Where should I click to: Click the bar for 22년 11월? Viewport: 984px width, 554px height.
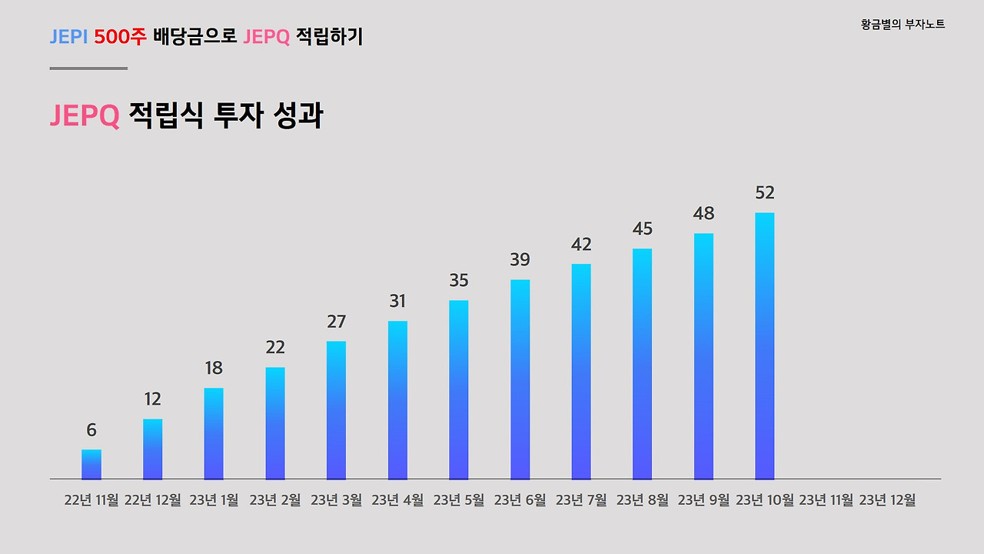[x=91, y=464]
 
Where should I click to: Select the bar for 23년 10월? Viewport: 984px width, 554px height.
[x=765, y=346]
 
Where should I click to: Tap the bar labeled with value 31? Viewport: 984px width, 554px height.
[x=397, y=400]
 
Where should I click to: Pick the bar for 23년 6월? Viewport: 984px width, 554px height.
[x=520, y=379]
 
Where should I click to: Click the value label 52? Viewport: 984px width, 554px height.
[x=765, y=192]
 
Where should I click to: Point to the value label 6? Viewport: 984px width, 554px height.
[x=91, y=430]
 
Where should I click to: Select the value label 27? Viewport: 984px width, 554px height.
[x=336, y=322]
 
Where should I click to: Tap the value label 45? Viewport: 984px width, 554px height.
[x=642, y=229]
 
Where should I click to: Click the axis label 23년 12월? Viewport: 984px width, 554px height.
[x=887, y=500]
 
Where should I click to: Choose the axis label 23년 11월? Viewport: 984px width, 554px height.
[x=826, y=500]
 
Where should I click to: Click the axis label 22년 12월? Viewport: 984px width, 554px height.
[x=152, y=500]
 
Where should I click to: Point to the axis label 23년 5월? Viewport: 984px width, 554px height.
[x=459, y=500]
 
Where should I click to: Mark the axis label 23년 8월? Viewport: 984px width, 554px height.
[x=642, y=500]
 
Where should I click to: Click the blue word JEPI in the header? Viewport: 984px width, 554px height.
[x=68, y=37]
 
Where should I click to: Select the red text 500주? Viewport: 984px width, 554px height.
[x=120, y=37]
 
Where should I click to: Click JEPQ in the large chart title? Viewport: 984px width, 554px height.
[x=85, y=116]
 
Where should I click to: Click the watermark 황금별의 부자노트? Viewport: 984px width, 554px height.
[x=903, y=25]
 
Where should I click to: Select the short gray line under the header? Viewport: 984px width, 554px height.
[x=88, y=68]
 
